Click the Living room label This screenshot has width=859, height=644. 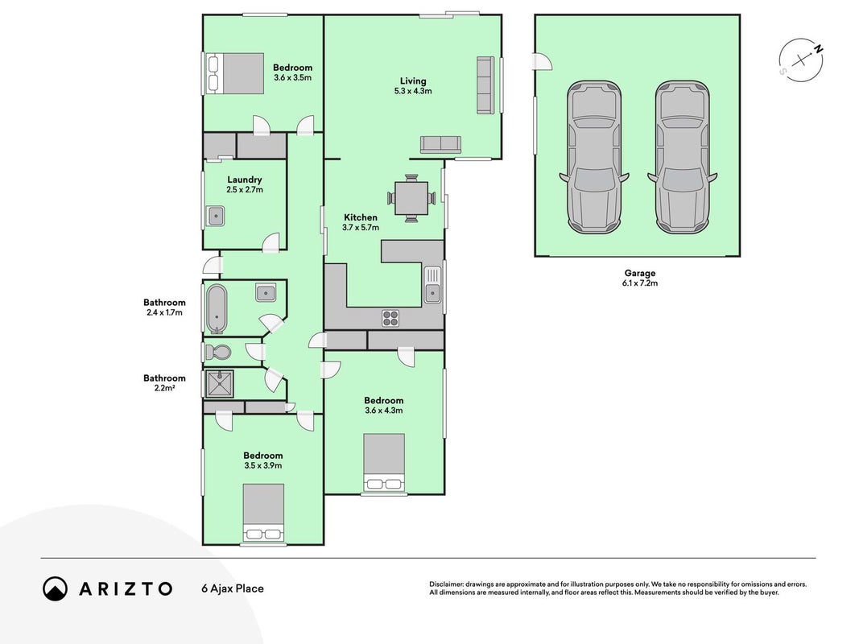coord(412,81)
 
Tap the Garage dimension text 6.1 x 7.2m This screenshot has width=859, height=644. coord(640,283)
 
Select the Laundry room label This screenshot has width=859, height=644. coord(244,180)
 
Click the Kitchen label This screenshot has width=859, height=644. coord(361,217)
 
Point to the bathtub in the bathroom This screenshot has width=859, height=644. coord(217,309)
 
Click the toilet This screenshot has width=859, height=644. coord(218,352)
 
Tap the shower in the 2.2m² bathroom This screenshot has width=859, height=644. coord(219,384)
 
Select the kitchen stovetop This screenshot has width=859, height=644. coord(390,318)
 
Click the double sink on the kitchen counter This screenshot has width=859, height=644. coord(432,284)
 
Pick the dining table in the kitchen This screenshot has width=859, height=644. coord(411,198)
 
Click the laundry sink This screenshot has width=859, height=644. coord(217,217)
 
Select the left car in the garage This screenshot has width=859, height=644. coord(594,157)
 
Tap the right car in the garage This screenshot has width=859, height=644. coord(683,157)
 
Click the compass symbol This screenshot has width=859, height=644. coord(802,60)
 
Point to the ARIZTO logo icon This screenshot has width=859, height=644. coord(56,588)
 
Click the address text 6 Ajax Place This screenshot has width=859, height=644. coord(233,588)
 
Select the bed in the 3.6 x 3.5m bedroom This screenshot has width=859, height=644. coord(236,73)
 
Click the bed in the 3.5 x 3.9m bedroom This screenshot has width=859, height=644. coord(263,513)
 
